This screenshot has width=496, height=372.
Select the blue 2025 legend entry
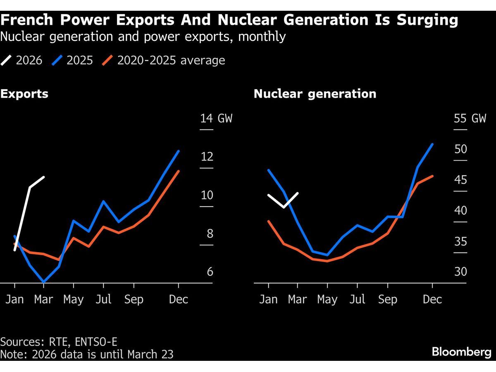pyautogui.click(x=73, y=60)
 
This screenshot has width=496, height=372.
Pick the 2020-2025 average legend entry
pyautogui.click(x=164, y=60)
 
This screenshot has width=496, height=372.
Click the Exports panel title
pyautogui.click(x=24, y=94)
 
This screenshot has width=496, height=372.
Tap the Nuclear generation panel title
pyautogui.click(x=315, y=94)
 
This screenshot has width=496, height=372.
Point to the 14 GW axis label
pyautogui.click(x=216, y=119)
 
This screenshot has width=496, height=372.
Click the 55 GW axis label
pyautogui.click(x=470, y=119)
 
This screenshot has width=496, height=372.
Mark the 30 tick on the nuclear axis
pyautogui.click(x=460, y=272)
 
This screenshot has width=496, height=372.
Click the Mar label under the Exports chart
pyautogui.click(x=44, y=299)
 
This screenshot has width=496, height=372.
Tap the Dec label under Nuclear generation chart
pyautogui.click(x=432, y=299)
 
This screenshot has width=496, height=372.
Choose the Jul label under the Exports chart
pyautogui.click(x=103, y=299)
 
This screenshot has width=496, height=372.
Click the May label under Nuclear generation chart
pyautogui.click(x=327, y=299)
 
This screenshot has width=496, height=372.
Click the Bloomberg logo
pyautogui.click(x=462, y=352)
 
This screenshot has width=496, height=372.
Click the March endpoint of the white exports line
pyautogui.click(x=44, y=177)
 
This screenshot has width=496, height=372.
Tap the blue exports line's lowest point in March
pyautogui.click(x=44, y=282)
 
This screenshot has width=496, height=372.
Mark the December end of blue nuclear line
pyautogui.click(x=432, y=144)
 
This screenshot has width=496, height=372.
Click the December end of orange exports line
pyautogui.click(x=179, y=171)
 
